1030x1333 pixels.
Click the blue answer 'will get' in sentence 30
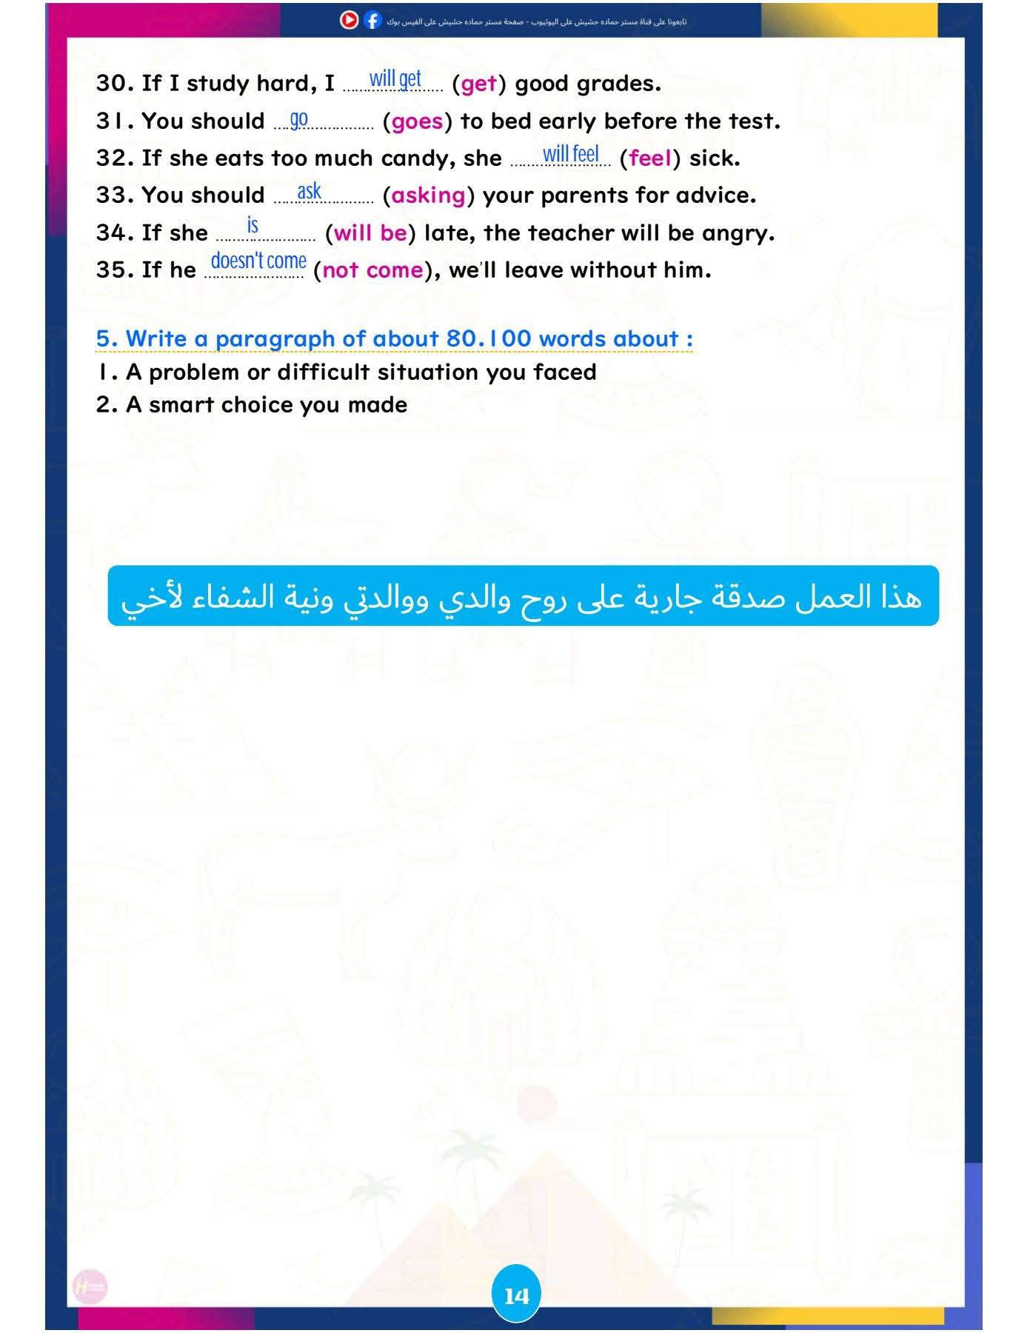(395, 78)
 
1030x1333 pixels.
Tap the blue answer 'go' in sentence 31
(298, 118)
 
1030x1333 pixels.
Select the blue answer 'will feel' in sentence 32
(570, 154)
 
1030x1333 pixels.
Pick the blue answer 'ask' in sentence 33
(309, 191)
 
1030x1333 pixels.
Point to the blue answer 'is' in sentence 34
(253, 225)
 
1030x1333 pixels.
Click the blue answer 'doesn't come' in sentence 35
(258, 261)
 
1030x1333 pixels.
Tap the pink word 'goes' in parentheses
(417, 121)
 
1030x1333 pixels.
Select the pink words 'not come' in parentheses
(372, 270)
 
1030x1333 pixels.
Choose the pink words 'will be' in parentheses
(370, 233)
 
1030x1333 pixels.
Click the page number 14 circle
(516, 1294)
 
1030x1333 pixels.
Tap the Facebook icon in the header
(372, 21)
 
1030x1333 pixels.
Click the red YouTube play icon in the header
(350, 20)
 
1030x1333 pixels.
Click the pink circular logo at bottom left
(90, 1288)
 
